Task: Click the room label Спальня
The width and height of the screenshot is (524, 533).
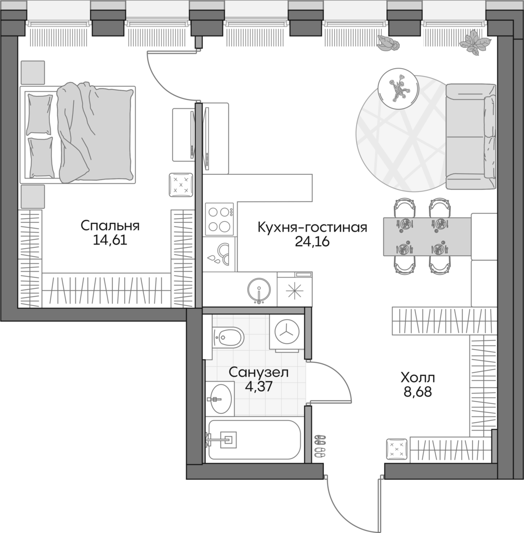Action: point(110,226)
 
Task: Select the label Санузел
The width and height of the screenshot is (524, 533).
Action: point(258,373)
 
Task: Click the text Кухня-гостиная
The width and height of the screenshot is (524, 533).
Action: point(312,227)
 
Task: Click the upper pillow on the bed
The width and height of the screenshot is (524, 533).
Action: point(40,113)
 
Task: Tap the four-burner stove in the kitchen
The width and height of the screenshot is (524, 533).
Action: point(219,219)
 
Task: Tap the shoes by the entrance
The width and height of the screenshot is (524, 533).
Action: point(320,445)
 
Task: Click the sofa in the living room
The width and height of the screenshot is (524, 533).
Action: point(470,137)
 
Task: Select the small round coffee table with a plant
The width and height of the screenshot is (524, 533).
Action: point(398,88)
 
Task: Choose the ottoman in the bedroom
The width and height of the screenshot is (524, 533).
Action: point(181,185)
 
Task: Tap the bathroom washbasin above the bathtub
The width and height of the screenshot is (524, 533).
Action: point(220,399)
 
